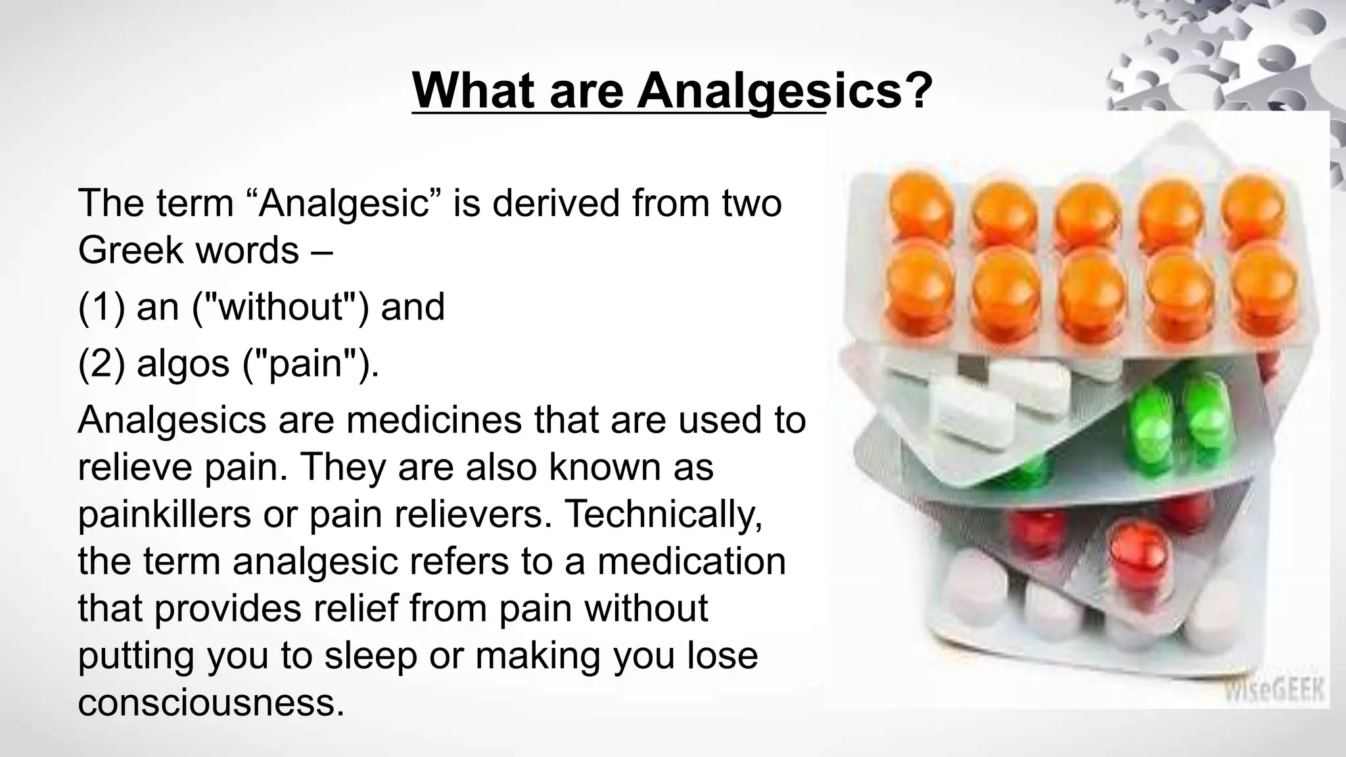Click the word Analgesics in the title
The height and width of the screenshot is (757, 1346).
785,91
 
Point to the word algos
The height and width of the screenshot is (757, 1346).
183,363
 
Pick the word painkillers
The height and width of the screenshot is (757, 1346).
164,514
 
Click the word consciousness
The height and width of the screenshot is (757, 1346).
211,702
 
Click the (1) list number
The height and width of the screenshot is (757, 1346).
101,307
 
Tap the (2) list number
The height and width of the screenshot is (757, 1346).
101,363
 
